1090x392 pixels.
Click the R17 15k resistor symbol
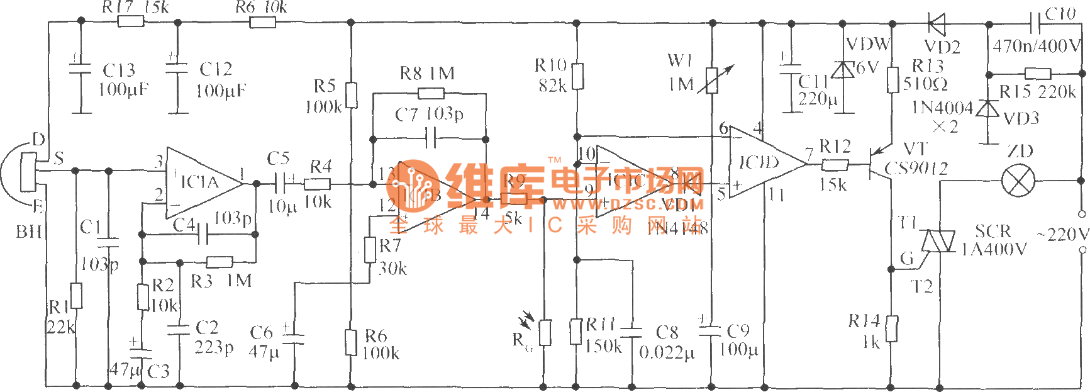[131, 22]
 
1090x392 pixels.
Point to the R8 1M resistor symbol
[431, 94]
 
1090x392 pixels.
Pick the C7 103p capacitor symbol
[431, 139]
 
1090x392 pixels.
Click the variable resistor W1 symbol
[712, 81]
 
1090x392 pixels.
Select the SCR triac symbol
[938, 241]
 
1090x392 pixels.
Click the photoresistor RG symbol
[545, 332]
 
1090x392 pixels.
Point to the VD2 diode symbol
[937, 25]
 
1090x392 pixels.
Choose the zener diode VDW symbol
[843, 70]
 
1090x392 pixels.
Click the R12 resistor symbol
[835, 165]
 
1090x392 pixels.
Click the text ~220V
[1063, 235]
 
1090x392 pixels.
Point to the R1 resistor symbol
[76, 296]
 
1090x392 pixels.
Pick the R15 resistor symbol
[1038, 74]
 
